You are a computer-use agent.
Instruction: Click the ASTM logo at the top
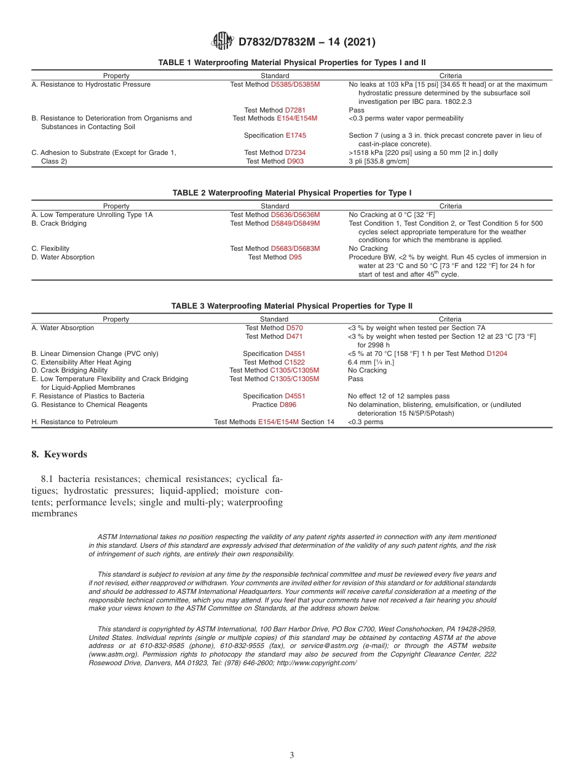(x=222, y=41)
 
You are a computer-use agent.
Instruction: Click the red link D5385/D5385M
(x=295, y=84)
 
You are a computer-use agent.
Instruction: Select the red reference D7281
(x=295, y=110)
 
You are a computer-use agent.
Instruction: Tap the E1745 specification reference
(x=296, y=135)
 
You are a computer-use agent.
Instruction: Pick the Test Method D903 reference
(x=295, y=161)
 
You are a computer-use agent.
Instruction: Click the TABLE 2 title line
(x=292, y=193)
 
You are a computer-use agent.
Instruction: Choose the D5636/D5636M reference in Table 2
(x=295, y=215)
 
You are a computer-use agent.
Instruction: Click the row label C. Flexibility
(x=50, y=248)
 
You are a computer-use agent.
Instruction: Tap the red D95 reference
(x=295, y=257)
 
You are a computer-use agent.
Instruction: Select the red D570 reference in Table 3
(x=294, y=328)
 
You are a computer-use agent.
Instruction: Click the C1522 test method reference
(x=294, y=362)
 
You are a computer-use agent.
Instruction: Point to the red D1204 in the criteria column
(x=497, y=353)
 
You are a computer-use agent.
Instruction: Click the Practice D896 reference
(x=288, y=405)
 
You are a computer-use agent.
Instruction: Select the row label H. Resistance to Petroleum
(x=74, y=422)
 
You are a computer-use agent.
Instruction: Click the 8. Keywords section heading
(x=59, y=454)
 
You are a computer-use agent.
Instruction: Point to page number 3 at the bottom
(x=292, y=755)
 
